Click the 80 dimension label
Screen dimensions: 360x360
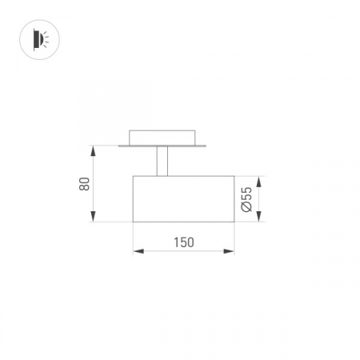click(84, 184)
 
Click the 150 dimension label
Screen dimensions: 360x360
click(184, 242)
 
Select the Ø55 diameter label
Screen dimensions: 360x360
click(246, 199)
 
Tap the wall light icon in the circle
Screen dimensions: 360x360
click(41, 39)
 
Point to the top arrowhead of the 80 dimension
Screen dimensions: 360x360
click(93, 151)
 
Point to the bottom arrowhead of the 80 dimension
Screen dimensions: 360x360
click(93, 216)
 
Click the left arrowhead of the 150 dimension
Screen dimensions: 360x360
click(138, 251)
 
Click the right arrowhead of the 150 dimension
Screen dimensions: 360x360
click(229, 251)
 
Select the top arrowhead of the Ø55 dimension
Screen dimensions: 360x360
click(258, 182)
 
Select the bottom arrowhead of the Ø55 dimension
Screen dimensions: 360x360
click(258, 216)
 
